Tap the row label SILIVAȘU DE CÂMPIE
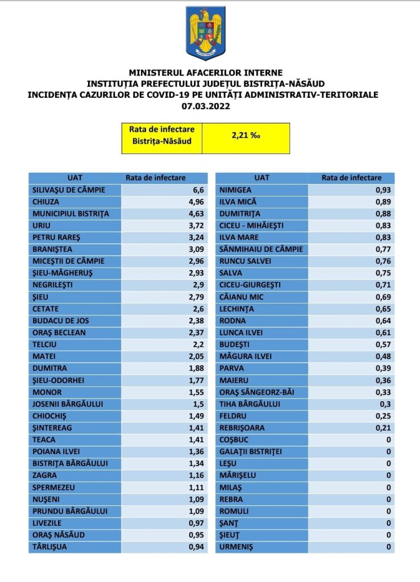[69, 189]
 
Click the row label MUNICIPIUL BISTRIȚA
[70, 213]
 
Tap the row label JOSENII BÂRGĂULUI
[68, 404]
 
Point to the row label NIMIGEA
[235, 189]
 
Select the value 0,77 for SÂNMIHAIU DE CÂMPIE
[384, 249]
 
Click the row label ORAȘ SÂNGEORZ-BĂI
[256, 392]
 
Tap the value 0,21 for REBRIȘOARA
[384, 428]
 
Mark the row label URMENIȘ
[236, 547]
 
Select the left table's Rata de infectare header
[156, 177]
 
